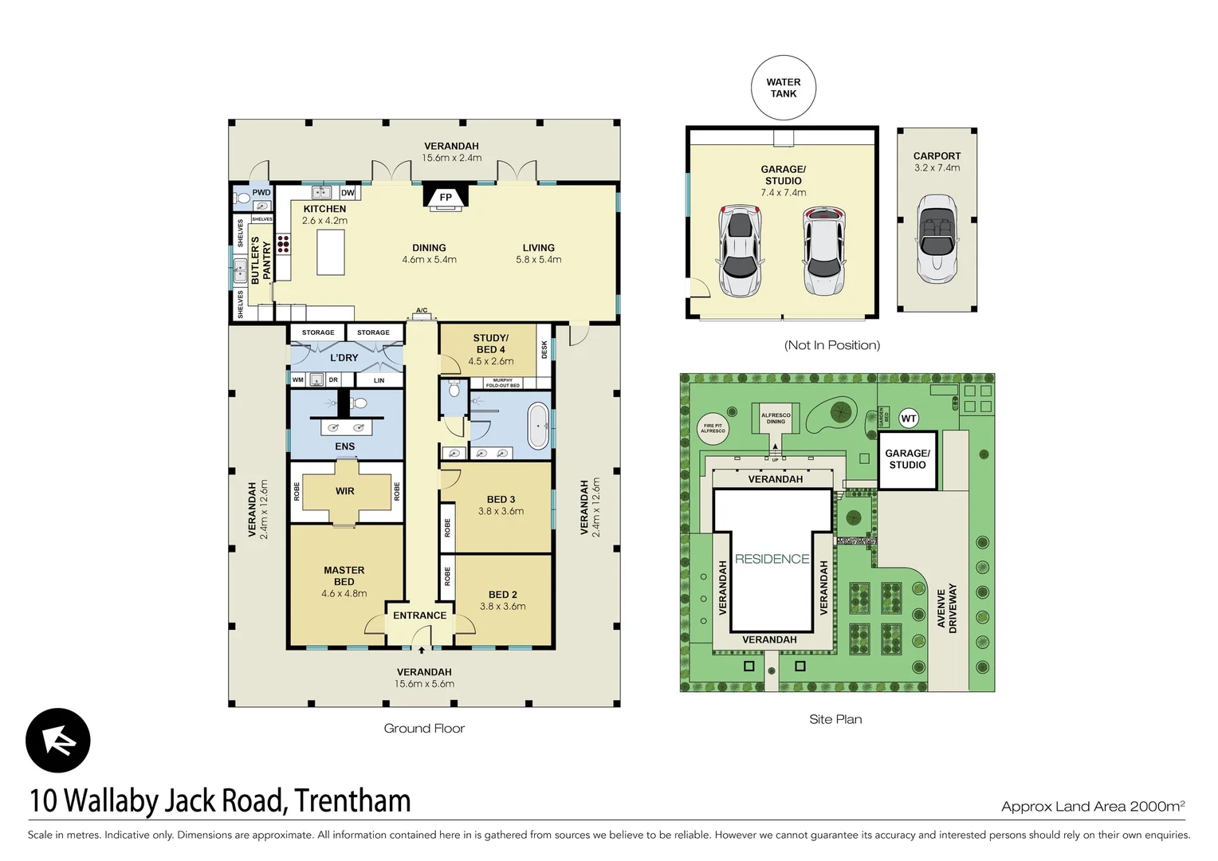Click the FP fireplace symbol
446,197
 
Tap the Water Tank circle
784,88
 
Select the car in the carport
937,240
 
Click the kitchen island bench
331,251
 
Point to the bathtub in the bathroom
539,426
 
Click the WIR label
345,491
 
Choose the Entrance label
419,615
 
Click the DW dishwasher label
348,193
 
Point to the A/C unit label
422,311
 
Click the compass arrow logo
58,741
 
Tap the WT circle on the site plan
909,419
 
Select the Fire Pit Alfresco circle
713,428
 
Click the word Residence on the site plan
772,559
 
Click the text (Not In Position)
832,345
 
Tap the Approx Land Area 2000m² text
1092,806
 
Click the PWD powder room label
261,192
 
